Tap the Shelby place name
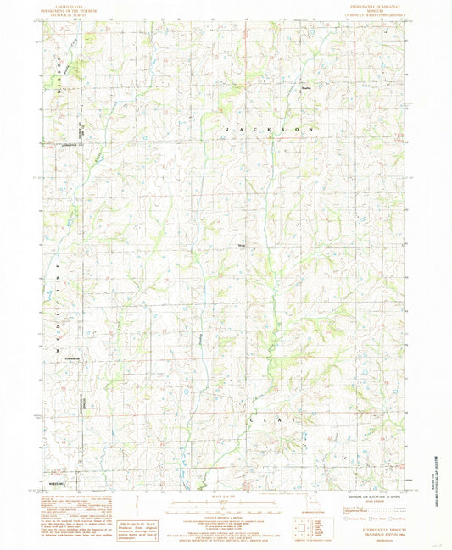tap(306, 85)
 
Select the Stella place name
tap(241, 245)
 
